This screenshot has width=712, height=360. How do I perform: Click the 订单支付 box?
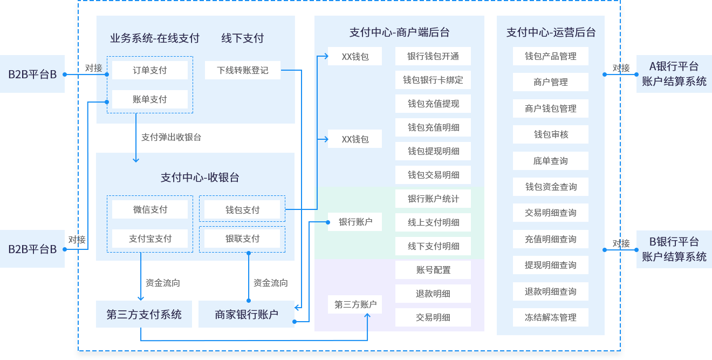pyautogui.click(x=150, y=70)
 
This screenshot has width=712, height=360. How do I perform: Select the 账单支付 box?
pyautogui.click(x=150, y=99)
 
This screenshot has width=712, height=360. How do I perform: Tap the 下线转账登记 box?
pyautogui.click(x=243, y=70)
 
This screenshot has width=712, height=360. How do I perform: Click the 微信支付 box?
pyautogui.click(x=150, y=209)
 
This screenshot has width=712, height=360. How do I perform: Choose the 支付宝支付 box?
pyautogui.click(x=150, y=239)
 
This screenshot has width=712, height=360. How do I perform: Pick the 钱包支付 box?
pyautogui.click(x=242, y=209)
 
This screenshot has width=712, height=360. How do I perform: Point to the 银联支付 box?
pyautogui.click(x=242, y=239)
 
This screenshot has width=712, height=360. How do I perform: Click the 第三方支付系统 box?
pyautogui.click(x=144, y=314)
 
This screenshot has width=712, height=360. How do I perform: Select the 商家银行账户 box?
pyautogui.click(x=247, y=314)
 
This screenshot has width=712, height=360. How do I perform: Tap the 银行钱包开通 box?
pyautogui.click(x=433, y=56)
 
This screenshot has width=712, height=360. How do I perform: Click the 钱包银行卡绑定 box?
pyautogui.click(x=433, y=80)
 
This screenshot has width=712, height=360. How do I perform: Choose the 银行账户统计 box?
pyautogui.click(x=433, y=199)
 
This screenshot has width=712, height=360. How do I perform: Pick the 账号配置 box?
pyautogui.click(x=433, y=270)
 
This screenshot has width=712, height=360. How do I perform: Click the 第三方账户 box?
pyautogui.click(x=355, y=304)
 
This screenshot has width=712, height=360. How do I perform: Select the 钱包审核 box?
pyautogui.click(x=551, y=134)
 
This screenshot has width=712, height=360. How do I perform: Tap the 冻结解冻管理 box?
pyautogui.click(x=551, y=317)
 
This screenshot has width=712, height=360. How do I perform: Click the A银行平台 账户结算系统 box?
pyautogui.click(x=674, y=74)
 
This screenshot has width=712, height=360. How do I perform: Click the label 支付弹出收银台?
pyautogui.click(x=171, y=137)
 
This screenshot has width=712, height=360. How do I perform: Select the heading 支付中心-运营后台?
pyautogui.click(x=551, y=32)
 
